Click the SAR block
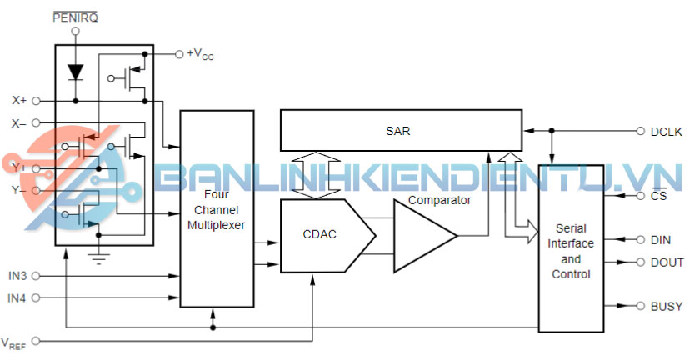point(400,131)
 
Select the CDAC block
point(320,235)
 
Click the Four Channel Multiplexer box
point(217,208)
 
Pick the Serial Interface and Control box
point(571,250)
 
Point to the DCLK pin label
point(667,131)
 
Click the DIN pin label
point(660,240)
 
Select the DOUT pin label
point(667,262)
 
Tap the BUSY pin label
point(667,307)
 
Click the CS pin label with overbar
point(658,197)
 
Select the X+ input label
point(19,101)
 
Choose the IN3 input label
point(17,275)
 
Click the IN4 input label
point(17,297)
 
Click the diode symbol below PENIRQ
point(76,72)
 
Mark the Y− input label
point(19,190)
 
